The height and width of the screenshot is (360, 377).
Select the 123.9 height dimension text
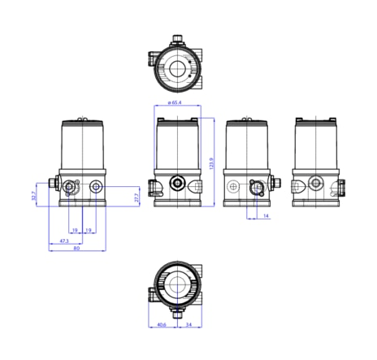click(210, 164)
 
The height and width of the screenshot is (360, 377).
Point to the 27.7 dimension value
click(136, 196)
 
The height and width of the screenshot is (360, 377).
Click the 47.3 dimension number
click(63, 241)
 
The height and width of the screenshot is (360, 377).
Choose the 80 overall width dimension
click(76, 249)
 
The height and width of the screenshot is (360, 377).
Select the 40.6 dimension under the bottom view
click(162, 326)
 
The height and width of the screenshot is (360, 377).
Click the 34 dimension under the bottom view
click(188, 326)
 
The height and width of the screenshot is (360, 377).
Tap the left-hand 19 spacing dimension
click(75, 231)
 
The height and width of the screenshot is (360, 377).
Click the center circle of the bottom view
click(176, 283)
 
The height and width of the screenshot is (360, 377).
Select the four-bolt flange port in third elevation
click(257, 186)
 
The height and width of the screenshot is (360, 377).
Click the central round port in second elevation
click(176, 183)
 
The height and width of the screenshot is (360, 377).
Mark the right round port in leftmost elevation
click(97, 187)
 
